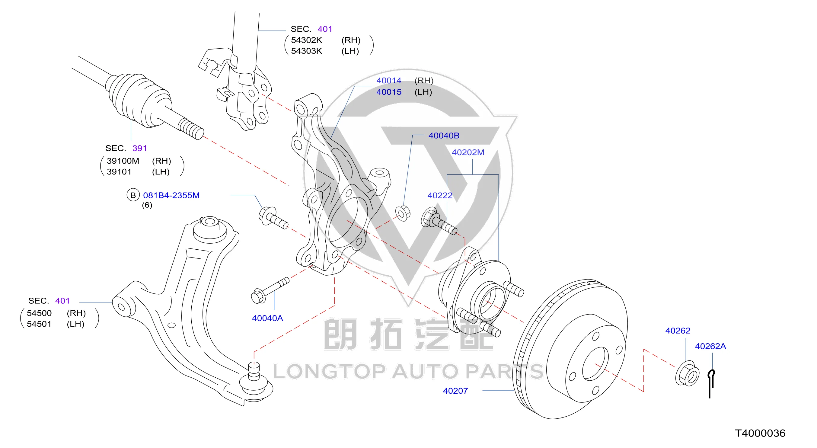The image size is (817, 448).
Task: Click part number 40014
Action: click(388, 81)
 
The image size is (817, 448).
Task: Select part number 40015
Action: click(388, 92)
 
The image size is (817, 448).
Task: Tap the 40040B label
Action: click(444, 136)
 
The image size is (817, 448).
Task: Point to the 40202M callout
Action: click(468, 152)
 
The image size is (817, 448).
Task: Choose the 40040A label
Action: click(267, 318)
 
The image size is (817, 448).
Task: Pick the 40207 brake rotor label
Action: click(455, 391)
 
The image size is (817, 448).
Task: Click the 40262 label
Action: click(678, 331)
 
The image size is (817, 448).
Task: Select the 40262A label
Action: click(710, 346)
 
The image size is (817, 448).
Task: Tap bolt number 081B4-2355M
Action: click(171, 195)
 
